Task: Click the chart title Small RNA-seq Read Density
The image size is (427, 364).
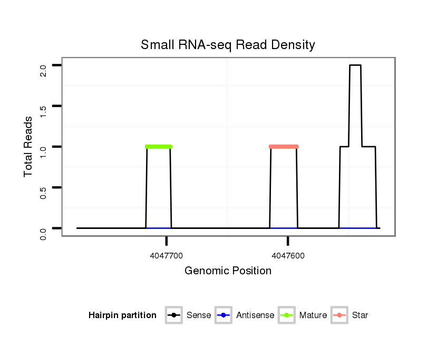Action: [228, 45]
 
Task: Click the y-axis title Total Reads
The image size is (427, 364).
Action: [28, 147]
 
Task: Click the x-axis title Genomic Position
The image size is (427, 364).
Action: [228, 271]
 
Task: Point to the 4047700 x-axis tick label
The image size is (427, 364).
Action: [167, 256]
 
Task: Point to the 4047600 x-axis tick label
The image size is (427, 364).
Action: [288, 256]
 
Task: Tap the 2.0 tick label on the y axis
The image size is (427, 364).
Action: [43, 70]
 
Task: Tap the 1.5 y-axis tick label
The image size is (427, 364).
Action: [43, 110]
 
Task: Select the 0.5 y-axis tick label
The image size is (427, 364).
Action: [43, 191]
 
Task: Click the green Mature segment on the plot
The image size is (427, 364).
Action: [159, 146]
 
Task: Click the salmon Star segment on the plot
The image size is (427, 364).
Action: [284, 146]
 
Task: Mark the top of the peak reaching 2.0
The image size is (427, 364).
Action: [355, 65]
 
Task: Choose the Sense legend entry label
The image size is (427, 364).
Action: [199, 315]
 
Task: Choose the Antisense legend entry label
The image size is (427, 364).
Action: [255, 315]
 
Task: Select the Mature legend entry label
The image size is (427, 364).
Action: [313, 315]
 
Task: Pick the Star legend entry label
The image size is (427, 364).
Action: [360, 315]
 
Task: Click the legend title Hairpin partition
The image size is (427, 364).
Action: [122, 315]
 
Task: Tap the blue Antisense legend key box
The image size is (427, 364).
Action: [224, 315]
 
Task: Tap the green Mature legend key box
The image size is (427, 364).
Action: [287, 315]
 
